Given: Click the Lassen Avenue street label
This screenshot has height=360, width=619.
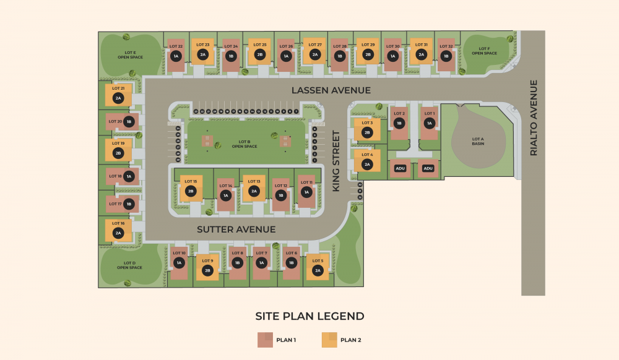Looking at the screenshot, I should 331,90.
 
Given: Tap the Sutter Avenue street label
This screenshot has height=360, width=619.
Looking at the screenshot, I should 236,229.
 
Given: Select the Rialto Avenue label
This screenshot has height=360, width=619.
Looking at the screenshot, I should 534,118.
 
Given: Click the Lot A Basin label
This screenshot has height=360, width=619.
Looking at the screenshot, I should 478,141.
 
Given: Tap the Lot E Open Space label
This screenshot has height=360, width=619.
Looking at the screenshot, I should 130,55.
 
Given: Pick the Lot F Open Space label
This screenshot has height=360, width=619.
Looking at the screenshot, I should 484,51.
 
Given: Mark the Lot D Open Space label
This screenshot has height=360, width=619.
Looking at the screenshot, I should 130,265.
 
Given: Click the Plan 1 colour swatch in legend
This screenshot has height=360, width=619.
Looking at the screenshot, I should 265,340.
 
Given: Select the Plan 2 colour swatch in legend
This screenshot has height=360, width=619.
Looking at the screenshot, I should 329,340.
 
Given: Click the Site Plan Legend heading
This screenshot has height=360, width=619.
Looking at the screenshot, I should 309,316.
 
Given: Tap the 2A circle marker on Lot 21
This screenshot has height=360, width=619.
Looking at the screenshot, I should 118,98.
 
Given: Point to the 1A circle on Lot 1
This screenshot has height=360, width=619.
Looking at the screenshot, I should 429,123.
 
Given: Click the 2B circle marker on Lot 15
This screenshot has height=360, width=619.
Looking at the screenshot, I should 191,191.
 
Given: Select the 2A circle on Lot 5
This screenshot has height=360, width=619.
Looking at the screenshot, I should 318,270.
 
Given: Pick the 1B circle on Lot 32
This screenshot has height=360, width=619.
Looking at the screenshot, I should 446,56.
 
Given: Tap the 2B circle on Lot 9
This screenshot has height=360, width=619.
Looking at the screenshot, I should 207,270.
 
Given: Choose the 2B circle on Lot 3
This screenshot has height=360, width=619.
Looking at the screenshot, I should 367,132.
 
